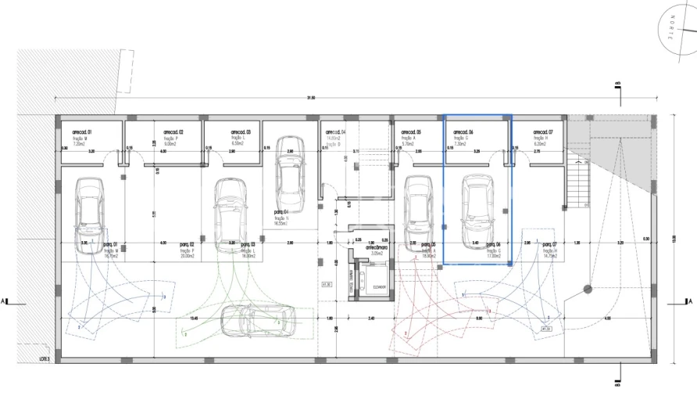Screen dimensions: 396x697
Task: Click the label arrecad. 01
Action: [82, 132]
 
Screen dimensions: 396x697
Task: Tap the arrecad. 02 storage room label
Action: [173, 132]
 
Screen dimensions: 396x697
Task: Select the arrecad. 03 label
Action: [240, 132]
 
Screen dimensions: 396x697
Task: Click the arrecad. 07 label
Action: [542, 132]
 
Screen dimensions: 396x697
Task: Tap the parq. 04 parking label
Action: [281, 212]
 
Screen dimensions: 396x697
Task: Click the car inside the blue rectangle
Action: [477, 210]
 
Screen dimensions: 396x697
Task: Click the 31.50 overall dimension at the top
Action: [310, 98]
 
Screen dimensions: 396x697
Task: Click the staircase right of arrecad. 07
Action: [579, 181]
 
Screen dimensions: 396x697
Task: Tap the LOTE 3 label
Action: [45, 358]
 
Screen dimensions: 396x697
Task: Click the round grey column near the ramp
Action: [587, 289]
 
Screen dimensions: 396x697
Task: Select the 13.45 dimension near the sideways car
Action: [193, 319]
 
